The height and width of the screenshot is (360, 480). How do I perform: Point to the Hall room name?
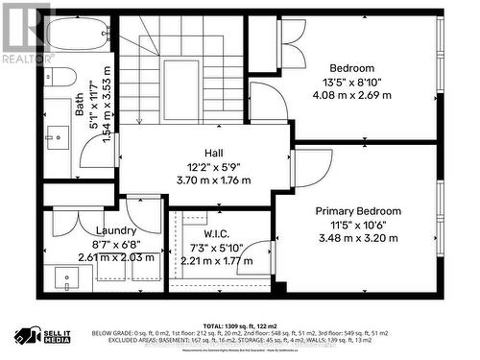213,153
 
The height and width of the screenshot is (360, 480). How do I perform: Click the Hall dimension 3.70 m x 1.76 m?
213,180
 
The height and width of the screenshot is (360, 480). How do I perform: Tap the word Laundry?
115,230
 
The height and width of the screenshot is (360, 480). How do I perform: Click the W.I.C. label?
215,232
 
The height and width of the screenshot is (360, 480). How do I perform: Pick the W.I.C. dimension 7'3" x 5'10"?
215,247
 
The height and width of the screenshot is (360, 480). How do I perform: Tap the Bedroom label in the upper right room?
351,68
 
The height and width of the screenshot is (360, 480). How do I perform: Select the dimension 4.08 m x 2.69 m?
351,95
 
